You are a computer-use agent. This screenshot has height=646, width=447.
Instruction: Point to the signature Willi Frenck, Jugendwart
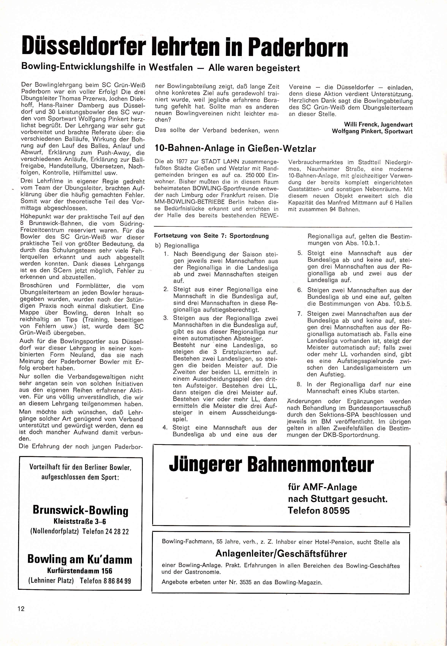(378, 125)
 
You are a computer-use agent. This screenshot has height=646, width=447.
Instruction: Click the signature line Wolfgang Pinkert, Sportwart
(372, 131)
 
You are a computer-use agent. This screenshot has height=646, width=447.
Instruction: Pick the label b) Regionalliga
(177, 246)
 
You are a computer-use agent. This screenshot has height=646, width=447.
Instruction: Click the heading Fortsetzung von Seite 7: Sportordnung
(211, 236)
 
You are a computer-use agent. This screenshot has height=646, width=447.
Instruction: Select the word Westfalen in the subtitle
(171, 68)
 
